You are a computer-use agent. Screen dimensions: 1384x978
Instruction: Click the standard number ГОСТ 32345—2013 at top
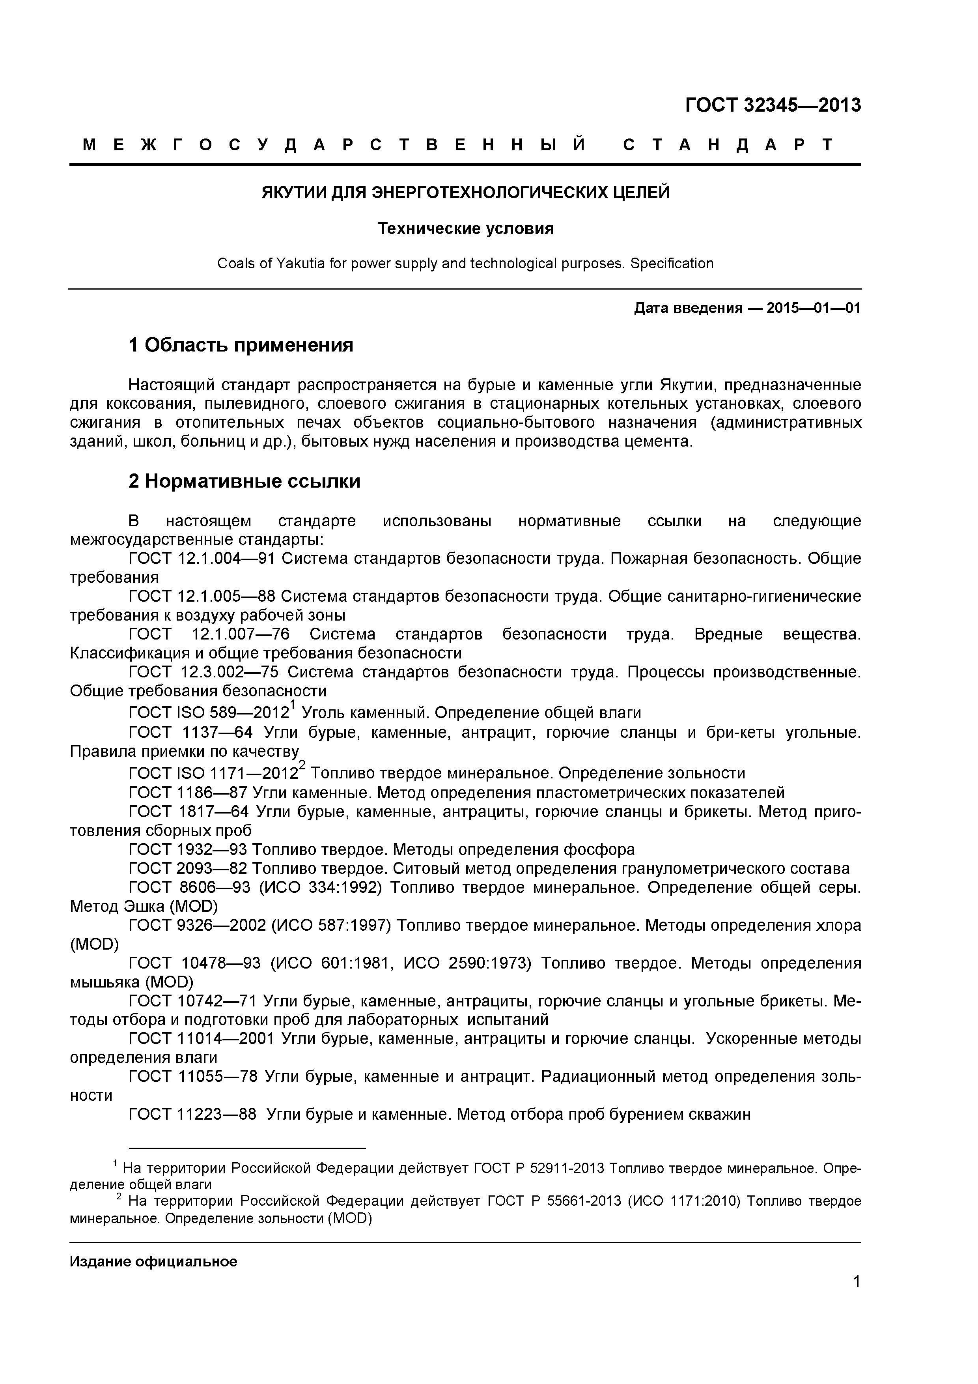pyautogui.click(x=773, y=105)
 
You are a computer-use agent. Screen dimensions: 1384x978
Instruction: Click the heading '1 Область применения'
pyautogui.click(x=241, y=345)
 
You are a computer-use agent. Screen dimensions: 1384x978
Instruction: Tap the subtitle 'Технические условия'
pyautogui.click(x=465, y=229)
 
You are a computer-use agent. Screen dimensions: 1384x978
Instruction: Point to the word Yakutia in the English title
pyautogui.click(x=300, y=264)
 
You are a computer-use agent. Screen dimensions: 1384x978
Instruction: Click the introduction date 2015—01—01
pyautogui.click(x=814, y=309)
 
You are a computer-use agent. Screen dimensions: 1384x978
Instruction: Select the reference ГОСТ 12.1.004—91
pyautogui.click(x=202, y=559)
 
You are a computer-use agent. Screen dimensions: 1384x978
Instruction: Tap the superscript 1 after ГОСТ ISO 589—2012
pyautogui.click(x=292, y=705)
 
